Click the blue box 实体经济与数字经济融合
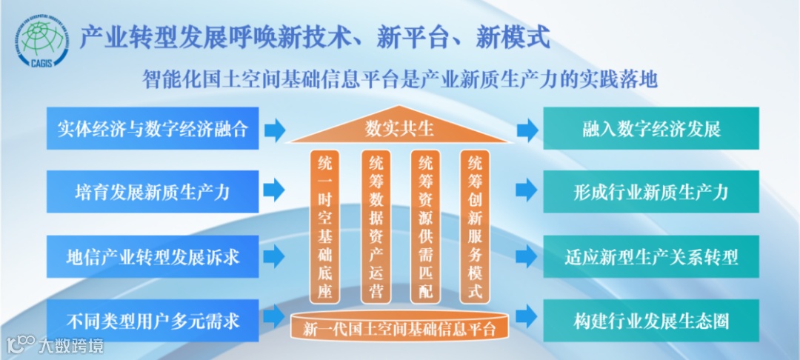click(153, 129)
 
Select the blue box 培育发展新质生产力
click(153, 192)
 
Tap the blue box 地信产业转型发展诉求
click(153, 256)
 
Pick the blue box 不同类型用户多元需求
click(153, 320)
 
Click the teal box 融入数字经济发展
click(651, 129)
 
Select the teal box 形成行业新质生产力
click(651, 192)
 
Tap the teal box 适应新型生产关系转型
click(651, 256)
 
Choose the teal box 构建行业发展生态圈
click(651, 320)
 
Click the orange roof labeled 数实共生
click(399, 130)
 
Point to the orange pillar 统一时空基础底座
click(324, 226)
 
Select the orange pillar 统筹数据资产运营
click(376, 226)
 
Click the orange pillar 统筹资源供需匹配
click(425, 226)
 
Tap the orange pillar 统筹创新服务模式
click(475, 226)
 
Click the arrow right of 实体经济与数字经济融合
click(275, 130)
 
